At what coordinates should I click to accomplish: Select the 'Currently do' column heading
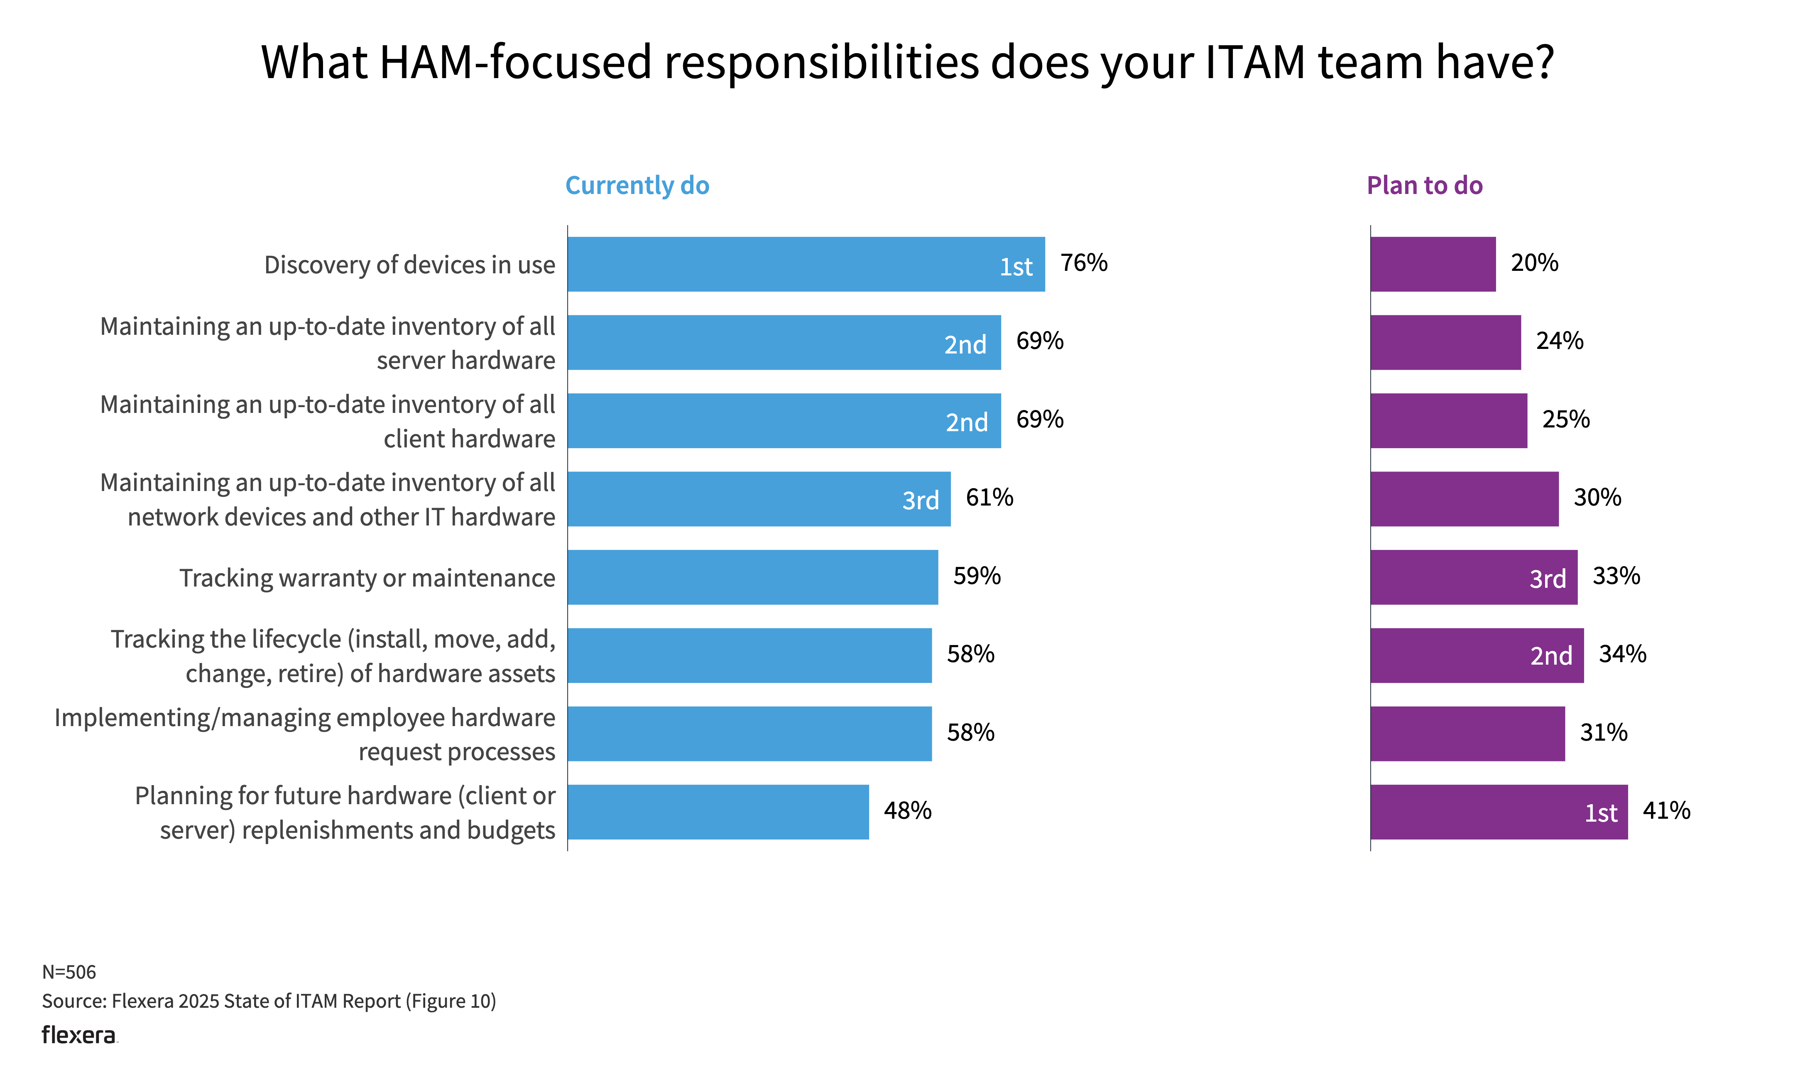tap(637, 186)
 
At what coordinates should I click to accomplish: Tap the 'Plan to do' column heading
tap(1424, 186)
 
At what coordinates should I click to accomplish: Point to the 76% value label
tap(1084, 263)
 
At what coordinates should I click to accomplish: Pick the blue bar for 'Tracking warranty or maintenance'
tap(752, 577)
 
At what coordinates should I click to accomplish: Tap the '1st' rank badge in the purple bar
tap(1600, 813)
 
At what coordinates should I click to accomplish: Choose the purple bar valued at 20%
tap(1432, 264)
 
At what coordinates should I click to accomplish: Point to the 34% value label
tap(1622, 654)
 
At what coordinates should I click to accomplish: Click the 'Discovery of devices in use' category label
tap(409, 265)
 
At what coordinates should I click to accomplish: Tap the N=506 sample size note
tap(69, 972)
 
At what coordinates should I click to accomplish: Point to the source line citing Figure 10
tap(268, 1001)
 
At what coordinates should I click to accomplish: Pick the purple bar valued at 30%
tap(1464, 498)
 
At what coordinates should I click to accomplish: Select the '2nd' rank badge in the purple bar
tap(1550, 656)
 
